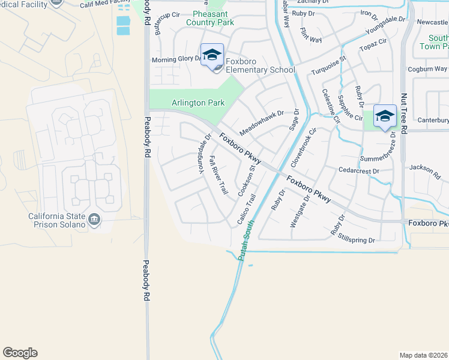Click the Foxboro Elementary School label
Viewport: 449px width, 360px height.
click(x=261, y=70)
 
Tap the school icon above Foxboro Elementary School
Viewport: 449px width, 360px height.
click(x=212, y=56)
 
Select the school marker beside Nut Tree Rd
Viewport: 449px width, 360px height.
click(x=384, y=116)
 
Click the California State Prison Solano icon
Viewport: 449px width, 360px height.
click(x=95, y=220)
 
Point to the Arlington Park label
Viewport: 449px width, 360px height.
click(x=198, y=103)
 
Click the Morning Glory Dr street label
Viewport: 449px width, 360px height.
click(x=175, y=59)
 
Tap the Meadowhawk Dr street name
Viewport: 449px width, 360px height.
click(x=261, y=122)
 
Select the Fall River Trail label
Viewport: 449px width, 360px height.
click(x=218, y=175)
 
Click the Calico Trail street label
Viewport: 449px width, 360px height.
click(x=247, y=209)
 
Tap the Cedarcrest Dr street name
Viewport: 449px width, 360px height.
click(x=359, y=171)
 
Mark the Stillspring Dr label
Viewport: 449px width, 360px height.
click(x=357, y=240)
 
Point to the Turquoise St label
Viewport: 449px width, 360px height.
click(x=328, y=67)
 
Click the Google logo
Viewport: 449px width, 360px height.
click(x=20, y=353)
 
